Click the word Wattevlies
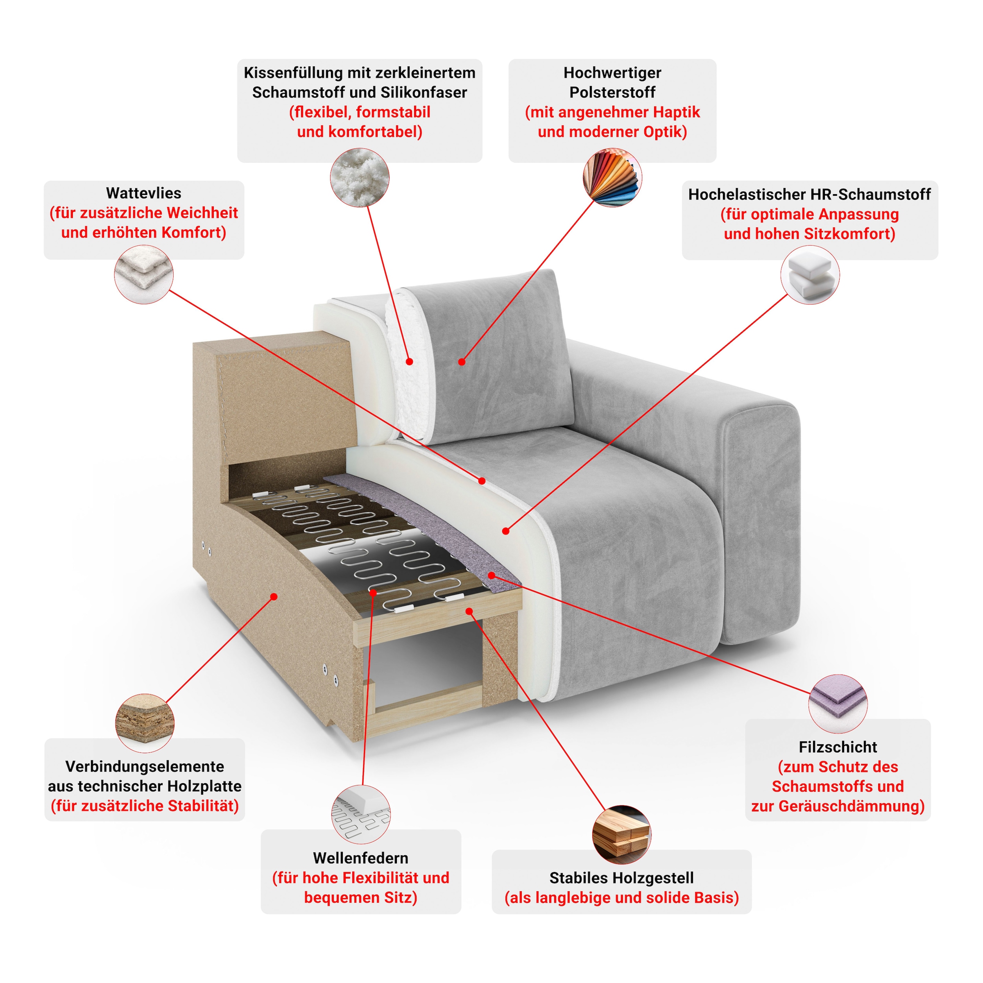pyautogui.click(x=143, y=193)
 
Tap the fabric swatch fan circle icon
pyautogui.click(x=612, y=178)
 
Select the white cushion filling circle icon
pyautogui.click(x=360, y=178)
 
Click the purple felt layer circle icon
pyautogui.click(x=838, y=704)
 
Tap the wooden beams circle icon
pyautogui.click(x=622, y=834)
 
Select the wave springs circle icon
pyautogui.click(x=361, y=815)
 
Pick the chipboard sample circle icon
pyautogui.click(x=145, y=723)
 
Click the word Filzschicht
pyautogui.click(x=838, y=747)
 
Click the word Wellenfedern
pyautogui.click(x=361, y=858)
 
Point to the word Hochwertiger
pyautogui.click(x=612, y=73)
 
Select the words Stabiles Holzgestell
pyautogui.click(x=621, y=878)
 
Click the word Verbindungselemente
pyautogui.click(x=145, y=766)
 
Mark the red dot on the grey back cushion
pyautogui.click(x=462, y=362)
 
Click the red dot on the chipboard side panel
pyautogui.click(x=274, y=596)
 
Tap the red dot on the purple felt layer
pyautogui.click(x=491, y=575)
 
